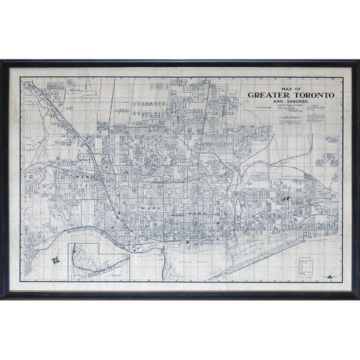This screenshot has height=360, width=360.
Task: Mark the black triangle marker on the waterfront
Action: pos(186,240)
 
